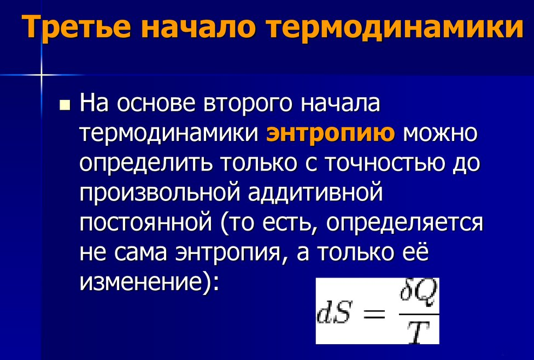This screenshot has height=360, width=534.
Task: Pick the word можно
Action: click(x=440, y=133)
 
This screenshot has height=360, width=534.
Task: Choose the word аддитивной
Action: click(x=315, y=193)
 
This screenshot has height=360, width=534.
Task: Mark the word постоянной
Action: click(x=146, y=223)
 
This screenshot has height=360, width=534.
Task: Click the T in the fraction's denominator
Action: click(x=418, y=332)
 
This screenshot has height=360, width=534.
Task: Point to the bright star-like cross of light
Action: click(x=42, y=74)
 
